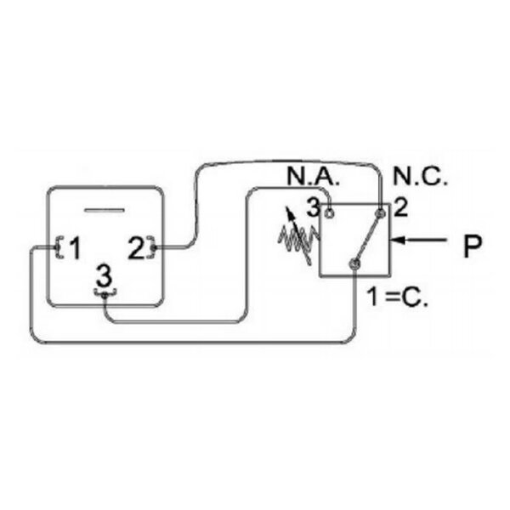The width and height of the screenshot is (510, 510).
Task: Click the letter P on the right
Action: pos(473,246)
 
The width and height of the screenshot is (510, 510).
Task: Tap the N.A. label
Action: pos(313,177)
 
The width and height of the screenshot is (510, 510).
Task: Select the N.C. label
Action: pos(420,177)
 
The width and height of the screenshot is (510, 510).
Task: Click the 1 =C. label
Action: pos(396,297)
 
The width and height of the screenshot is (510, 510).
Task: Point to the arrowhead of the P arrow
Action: pos(398,240)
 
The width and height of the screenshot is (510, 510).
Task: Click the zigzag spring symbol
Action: pos(297,238)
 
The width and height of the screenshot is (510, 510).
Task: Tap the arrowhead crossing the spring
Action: pos(289,212)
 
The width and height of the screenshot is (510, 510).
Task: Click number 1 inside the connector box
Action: pos(75,248)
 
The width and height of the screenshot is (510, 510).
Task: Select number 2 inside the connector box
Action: pos(137,248)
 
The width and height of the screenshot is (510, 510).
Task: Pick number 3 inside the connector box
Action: pos(104,275)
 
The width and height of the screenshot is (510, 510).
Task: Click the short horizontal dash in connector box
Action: pos(105,210)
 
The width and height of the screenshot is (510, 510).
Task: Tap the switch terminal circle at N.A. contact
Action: pos(329,213)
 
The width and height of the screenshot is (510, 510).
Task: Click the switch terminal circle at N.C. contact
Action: pos(381,213)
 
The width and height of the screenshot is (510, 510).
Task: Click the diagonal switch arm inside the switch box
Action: pos(367,238)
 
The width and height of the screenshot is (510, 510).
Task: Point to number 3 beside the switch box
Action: pos(313,208)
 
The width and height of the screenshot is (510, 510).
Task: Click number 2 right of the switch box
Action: pos(400,208)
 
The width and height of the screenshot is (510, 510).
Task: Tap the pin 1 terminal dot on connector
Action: pos(58,248)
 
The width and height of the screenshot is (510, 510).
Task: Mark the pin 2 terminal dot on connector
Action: pos(154,248)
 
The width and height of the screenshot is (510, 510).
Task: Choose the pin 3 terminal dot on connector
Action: pos(104,295)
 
